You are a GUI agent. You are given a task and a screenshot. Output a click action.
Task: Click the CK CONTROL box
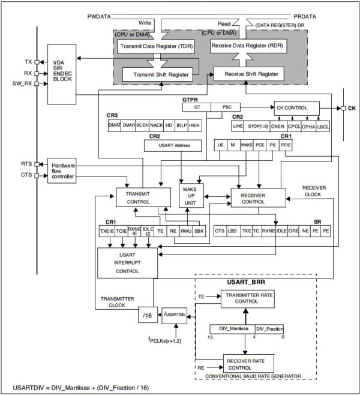point(296,109)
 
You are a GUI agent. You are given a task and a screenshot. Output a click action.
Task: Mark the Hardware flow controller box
point(62,172)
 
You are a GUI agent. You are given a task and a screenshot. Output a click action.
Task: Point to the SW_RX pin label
point(22,84)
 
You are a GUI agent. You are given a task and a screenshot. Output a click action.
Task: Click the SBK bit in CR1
point(200,231)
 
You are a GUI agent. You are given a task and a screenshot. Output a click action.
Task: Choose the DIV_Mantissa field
point(232,329)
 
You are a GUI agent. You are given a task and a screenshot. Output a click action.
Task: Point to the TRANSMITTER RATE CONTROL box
point(247,299)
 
